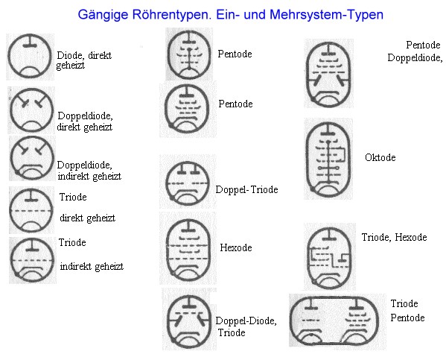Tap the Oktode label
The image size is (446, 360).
pyautogui.click(x=380, y=157)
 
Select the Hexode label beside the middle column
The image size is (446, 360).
pyautogui.click(x=236, y=247)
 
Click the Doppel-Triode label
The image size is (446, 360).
pyautogui.click(x=246, y=189)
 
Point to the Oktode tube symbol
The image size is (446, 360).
pyautogui.click(x=328, y=160)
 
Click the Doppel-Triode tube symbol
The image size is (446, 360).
pyautogui.click(x=188, y=183)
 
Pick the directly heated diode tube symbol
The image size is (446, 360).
pyautogui.click(x=30, y=56)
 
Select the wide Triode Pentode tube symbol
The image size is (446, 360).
pyautogui.click(x=334, y=321)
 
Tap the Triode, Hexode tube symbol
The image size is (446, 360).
pyautogui.click(x=329, y=258)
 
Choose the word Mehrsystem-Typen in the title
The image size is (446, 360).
pyautogui.click(x=326, y=14)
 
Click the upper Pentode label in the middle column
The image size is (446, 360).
pyautogui.click(x=235, y=54)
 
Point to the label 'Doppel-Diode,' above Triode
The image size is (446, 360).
pyautogui.click(x=246, y=320)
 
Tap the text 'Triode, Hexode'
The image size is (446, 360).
pyautogui.click(x=394, y=237)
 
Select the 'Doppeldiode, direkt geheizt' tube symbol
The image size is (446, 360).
pyautogui.click(x=31, y=110)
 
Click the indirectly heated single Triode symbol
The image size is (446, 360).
pyautogui.click(x=32, y=261)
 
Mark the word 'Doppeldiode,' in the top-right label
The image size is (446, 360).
pyautogui.click(x=415, y=58)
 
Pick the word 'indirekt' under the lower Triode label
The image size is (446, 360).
pyautogui.click(x=75, y=267)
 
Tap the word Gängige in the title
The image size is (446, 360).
pyautogui.click(x=103, y=15)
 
